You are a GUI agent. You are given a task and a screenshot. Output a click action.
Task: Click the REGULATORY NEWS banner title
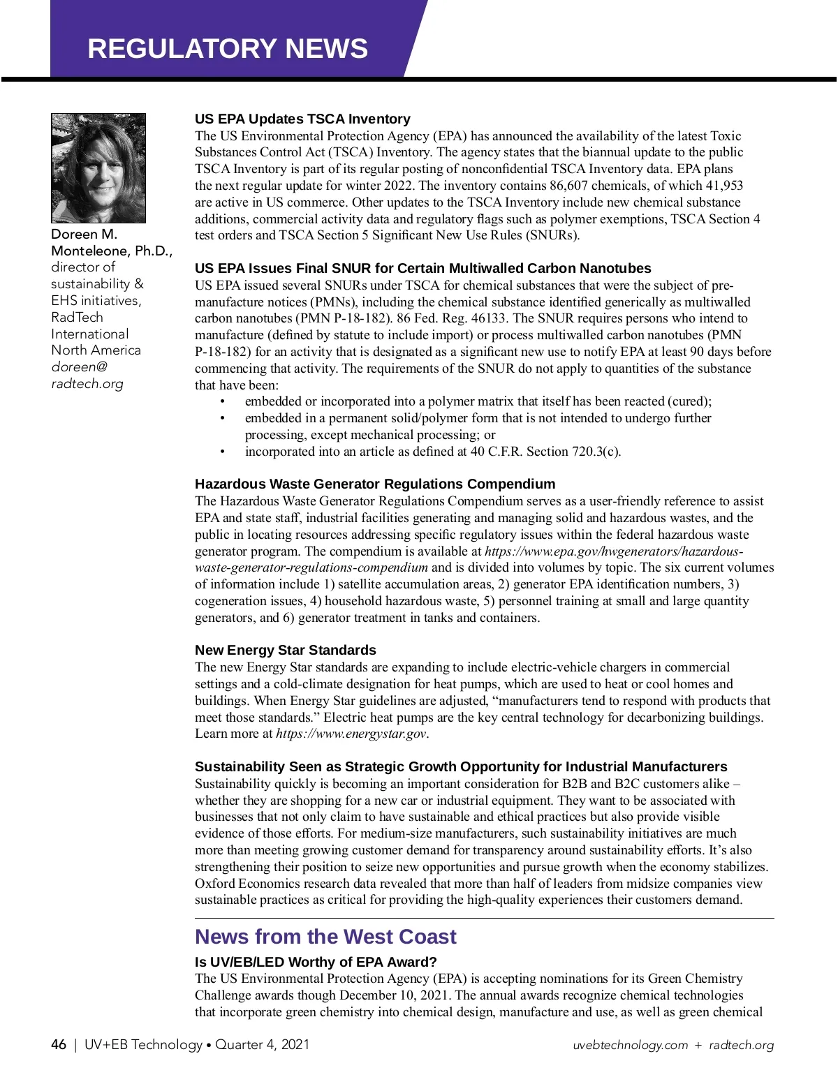click(x=228, y=48)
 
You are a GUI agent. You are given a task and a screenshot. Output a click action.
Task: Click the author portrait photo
click(x=98, y=168)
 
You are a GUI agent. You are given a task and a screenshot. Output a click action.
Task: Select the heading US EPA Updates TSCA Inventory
click(x=302, y=119)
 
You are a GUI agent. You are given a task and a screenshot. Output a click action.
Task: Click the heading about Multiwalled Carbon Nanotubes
click(x=422, y=268)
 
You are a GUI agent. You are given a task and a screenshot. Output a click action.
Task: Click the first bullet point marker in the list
click(x=223, y=401)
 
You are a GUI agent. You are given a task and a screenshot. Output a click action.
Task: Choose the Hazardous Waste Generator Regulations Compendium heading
click(x=375, y=484)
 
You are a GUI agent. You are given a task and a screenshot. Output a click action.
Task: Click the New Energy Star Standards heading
click(x=285, y=650)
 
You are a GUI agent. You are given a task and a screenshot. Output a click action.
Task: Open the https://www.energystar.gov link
click(x=351, y=734)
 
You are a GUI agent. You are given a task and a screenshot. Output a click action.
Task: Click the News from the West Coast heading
click(x=325, y=937)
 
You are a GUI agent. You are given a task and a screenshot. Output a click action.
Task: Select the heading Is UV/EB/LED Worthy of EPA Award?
click(x=316, y=962)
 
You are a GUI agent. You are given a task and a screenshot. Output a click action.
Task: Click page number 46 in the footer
click(x=59, y=1045)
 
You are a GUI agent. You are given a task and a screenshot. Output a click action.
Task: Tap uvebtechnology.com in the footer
click(x=630, y=1046)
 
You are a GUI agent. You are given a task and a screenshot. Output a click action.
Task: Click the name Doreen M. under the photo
click(x=84, y=235)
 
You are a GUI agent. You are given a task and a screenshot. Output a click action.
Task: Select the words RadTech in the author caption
click(x=77, y=318)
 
